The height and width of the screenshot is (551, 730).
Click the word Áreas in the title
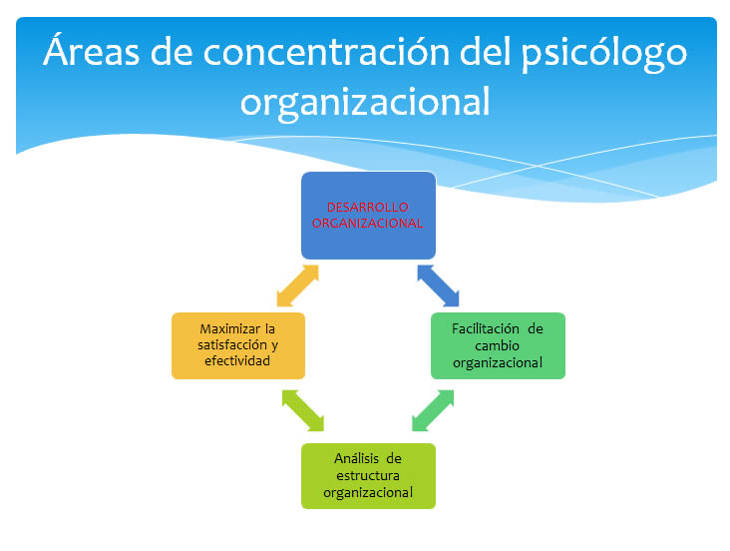pyautogui.click(x=92, y=50)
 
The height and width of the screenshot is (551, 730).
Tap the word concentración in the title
pyautogui.click(x=326, y=52)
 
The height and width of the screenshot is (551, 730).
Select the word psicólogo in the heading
pyautogui.click(x=603, y=55)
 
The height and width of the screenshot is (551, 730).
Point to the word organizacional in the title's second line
pyautogui.click(x=365, y=102)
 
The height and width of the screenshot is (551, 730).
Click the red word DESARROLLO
pyautogui.click(x=368, y=207)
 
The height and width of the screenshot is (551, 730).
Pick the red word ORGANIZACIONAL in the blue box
pyautogui.click(x=367, y=224)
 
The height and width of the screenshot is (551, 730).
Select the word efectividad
pyautogui.click(x=237, y=360)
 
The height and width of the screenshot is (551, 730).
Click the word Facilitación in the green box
pyautogui.click(x=485, y=329)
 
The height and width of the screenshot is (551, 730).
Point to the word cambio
pyautogui.click(x=498, y=346)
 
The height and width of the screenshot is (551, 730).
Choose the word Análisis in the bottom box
pyautogui.click(x=356, y=459)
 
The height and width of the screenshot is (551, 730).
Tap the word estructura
pyautogui.click(x=368, y=476)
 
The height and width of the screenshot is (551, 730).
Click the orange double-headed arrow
pyautogui.click(x=297, y=285)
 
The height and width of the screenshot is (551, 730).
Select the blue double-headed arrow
pyautogui.click(x=438, y=285)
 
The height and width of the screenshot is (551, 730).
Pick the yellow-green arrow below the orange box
pyautogui.click(x=303, y=410)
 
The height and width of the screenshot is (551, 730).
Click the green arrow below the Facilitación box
pyautogui.click(x=433, y=410)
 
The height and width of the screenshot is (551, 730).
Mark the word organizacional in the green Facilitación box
pyautogui.click(x=498, y=363)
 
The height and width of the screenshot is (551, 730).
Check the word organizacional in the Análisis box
pyautogui.click(x=368, y=493)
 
